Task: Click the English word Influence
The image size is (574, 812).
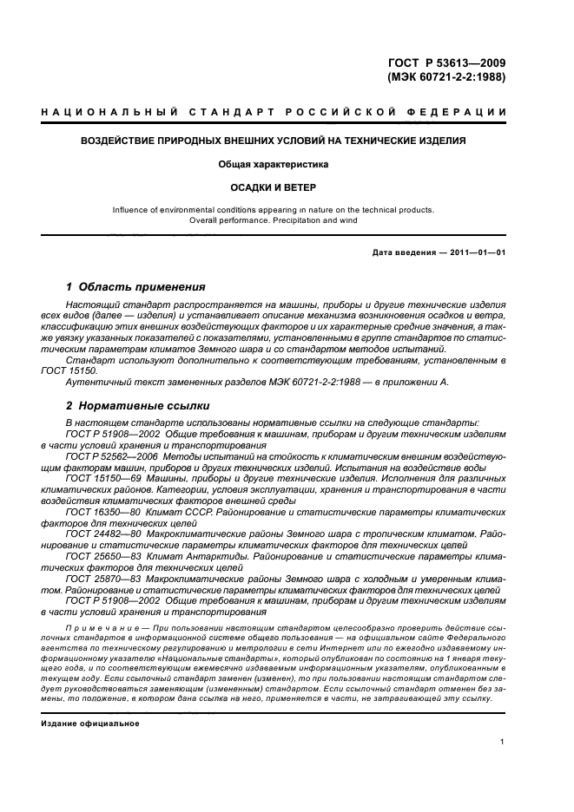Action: pyautogui.click(x=133, y=210)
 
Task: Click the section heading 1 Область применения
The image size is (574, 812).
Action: pyautogui.click(x=135, y=286)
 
